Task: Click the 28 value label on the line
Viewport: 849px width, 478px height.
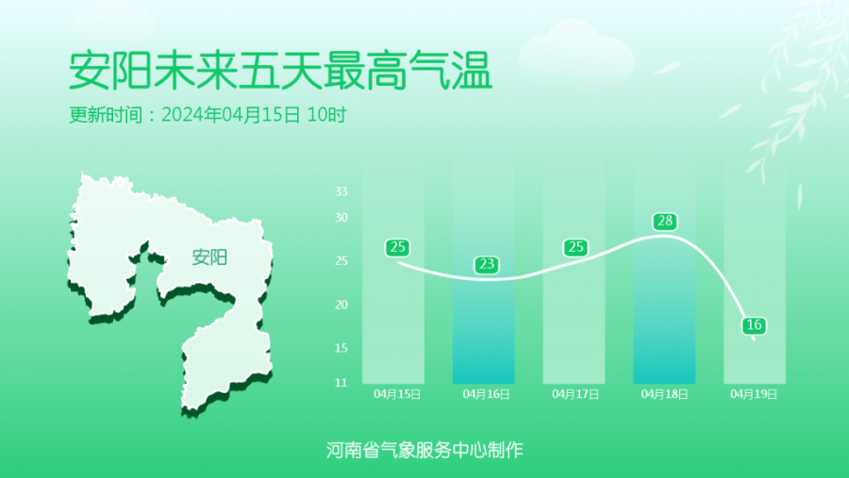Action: tap(665, 221)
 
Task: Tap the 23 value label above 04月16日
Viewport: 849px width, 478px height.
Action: tap(486, 264)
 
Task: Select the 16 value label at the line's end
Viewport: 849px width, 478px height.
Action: tap(754, 325)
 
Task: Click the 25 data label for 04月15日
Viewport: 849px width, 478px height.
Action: tap(397, 247)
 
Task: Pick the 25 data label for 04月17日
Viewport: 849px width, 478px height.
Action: tap(575, 247)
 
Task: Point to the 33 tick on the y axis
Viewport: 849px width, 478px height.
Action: tap(341, 191)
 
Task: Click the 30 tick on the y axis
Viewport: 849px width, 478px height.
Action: tap(341, 218)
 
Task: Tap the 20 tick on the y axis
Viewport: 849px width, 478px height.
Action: tap(341, 305)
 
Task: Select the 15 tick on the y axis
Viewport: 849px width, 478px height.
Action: tap(341, 348)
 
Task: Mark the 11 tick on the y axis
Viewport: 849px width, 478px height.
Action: tap(341, 383)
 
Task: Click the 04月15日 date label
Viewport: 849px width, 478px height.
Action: tap(397, 394)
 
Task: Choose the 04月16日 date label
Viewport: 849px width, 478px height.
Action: tap(486, 394)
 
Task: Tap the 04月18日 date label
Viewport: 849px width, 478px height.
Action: tap(664, 394)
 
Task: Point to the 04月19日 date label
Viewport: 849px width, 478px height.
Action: tap(754, 394)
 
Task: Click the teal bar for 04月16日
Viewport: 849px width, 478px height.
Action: tap(484, 330)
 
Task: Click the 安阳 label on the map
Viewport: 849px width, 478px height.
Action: tap(209, 257)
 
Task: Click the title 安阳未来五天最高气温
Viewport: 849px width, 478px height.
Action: tap(280, 71)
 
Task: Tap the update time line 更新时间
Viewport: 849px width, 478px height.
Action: tap(208, 115)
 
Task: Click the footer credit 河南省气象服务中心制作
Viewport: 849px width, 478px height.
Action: tap(424, 450)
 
